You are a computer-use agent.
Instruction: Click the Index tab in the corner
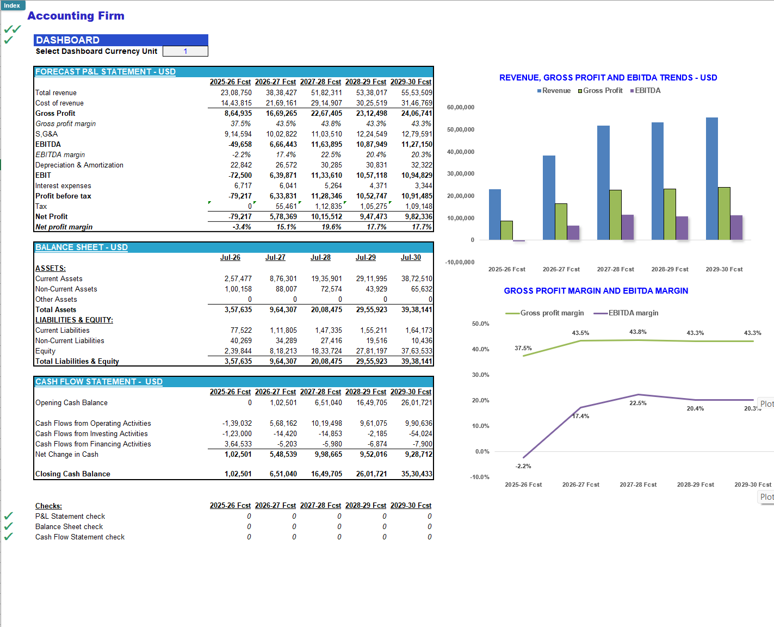pos(12,5)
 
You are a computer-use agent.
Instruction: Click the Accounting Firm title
pos(76,16)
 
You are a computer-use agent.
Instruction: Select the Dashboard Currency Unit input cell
pos(185,51)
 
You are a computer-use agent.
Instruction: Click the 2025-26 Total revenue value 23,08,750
pos(236,93)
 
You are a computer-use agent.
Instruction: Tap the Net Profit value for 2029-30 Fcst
pos(418,217)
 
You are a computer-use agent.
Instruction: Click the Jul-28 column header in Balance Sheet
pos(320,258)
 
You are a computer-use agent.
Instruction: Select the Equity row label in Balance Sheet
pos(45,351)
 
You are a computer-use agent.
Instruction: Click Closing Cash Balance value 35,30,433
pos(417,474)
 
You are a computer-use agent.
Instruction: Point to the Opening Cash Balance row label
pos(71,403)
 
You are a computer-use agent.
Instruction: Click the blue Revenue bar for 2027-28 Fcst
pos(603,182)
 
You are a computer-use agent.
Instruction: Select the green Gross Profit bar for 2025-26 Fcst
pos(506,230)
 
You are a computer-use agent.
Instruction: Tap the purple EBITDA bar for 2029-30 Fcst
pos(736,227)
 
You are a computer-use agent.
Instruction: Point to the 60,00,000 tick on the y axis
pos(460,108)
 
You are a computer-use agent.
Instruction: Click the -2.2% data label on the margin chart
pos(523,467)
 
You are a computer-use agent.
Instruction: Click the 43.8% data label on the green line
pos(637,332)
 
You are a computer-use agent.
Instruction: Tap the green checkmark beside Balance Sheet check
pos(8,526)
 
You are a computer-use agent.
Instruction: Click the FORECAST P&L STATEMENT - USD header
pos(106,72)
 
